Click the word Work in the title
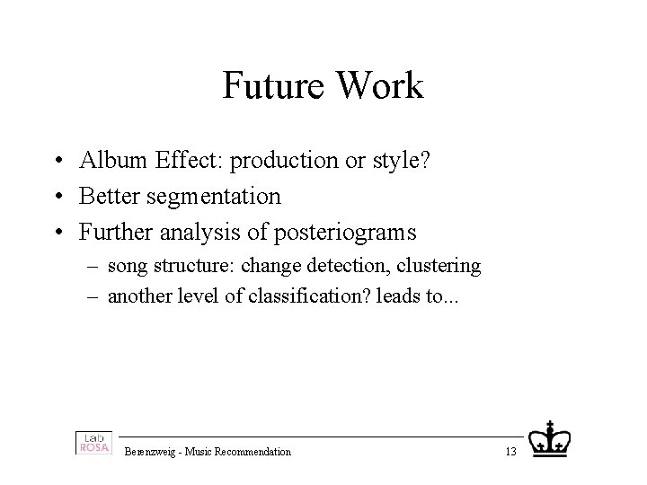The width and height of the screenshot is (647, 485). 383,87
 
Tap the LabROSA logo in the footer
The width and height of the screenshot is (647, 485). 93,443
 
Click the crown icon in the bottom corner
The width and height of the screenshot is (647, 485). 549,439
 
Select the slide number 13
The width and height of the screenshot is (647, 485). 510,452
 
